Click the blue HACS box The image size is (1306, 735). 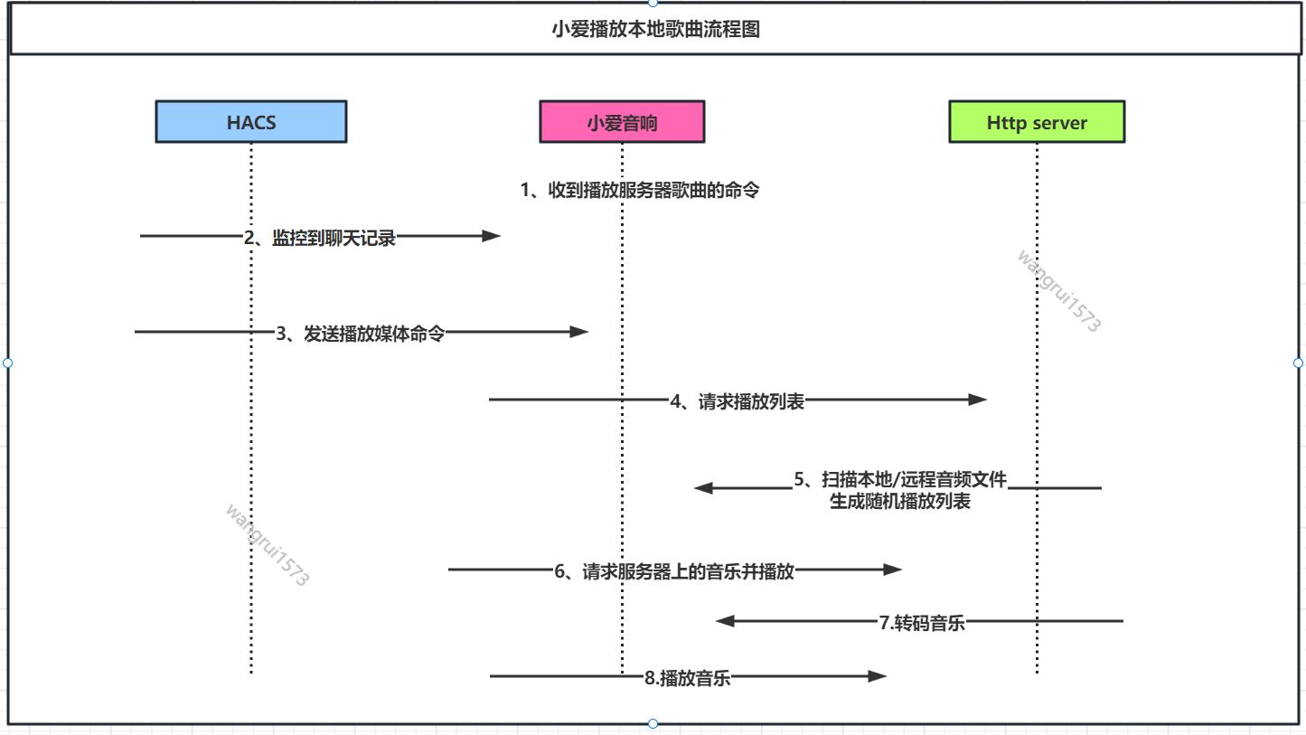pos(250,122)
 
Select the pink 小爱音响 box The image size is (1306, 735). pos(622,122)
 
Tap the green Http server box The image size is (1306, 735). pos(1037,122)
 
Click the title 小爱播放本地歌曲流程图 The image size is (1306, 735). pos(655,29)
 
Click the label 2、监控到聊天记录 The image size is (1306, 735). pos(320,239)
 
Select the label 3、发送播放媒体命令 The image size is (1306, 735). pos(360,334)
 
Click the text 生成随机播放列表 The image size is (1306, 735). pos(900,501)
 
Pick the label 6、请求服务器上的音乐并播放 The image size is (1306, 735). pos(674,571)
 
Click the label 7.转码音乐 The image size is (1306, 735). pos(922,623)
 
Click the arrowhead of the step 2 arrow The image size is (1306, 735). pos(491,236)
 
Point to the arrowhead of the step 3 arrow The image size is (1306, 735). pos(579,332)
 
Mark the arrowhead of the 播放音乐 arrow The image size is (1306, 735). pos(877,675)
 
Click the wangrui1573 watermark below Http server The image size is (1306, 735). pos(1058,291)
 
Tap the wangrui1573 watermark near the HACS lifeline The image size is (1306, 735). pos(267,545)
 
